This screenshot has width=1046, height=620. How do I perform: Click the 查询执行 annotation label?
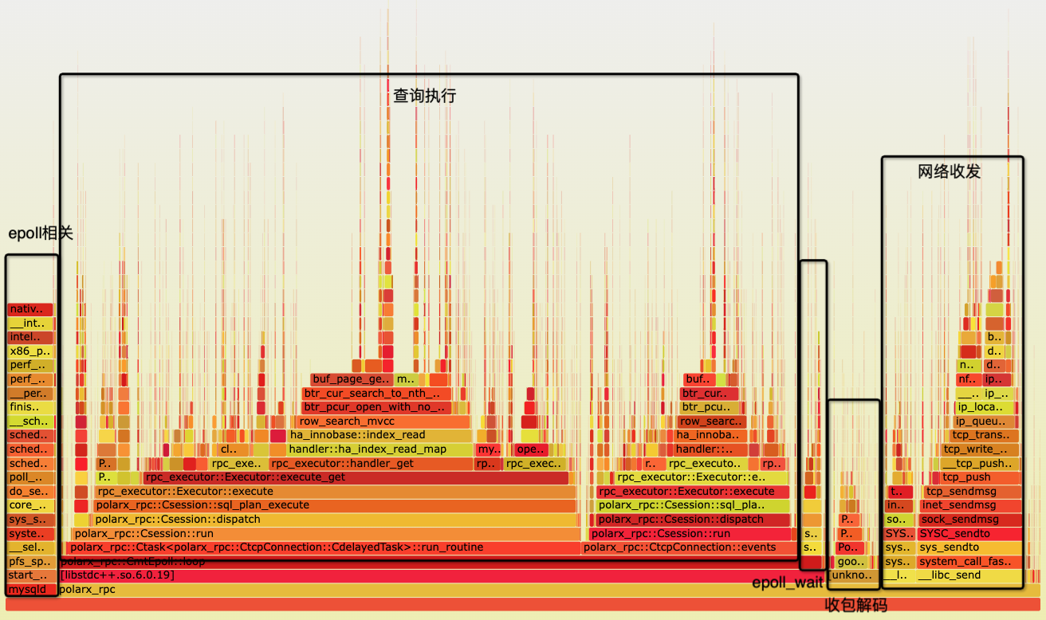(424, 96)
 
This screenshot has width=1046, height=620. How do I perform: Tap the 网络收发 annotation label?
(949, 171)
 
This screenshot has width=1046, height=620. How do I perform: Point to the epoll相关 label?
(40, 233)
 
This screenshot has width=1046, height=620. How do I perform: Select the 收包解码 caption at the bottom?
(855, 605)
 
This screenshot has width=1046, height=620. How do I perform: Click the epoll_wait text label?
(787, 583)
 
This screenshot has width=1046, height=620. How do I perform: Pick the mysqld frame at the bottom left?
(31, 590)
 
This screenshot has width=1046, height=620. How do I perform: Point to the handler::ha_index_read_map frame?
(379, 449)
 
